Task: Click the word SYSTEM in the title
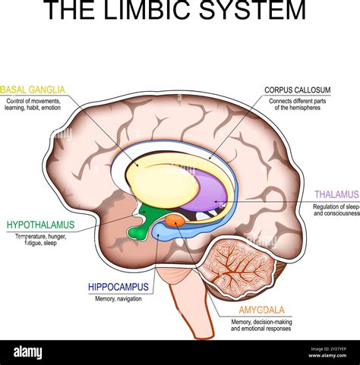[x=256, y=11]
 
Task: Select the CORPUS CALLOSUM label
[x=297, y=90]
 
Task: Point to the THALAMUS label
[x=336, y=194]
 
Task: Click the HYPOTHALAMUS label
[x=40, y=225]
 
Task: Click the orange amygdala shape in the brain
[x=175, y=221]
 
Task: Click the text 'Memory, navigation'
[x=118, y=298]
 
